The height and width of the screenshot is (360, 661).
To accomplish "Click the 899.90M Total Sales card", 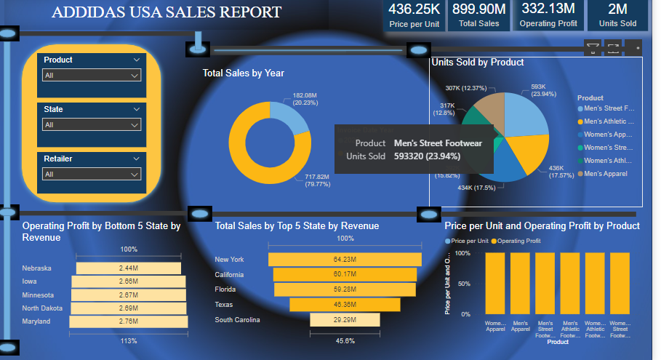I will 478,15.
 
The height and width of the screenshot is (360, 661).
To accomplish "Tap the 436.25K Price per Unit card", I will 414,15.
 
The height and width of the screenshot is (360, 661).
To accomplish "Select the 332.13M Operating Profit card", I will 548,15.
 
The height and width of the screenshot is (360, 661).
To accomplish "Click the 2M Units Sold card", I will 617,15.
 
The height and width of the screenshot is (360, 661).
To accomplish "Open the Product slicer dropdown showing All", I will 91,76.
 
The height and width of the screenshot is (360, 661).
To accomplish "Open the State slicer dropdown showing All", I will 91,125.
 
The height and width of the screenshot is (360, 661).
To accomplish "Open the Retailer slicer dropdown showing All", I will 91,175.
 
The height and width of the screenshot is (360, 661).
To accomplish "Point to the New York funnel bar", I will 345,260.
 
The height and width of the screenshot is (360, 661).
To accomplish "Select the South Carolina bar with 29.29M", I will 345,320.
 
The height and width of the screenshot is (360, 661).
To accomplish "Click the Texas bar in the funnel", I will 345,305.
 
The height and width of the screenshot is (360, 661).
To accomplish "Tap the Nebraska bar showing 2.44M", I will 129,268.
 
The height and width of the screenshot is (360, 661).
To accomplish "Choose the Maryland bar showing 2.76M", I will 129,321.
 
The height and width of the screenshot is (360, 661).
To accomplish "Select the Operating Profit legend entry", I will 518,241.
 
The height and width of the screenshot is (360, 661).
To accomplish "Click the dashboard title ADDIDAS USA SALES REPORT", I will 167,12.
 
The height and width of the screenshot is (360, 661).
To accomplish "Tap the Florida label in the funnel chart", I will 225,289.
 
